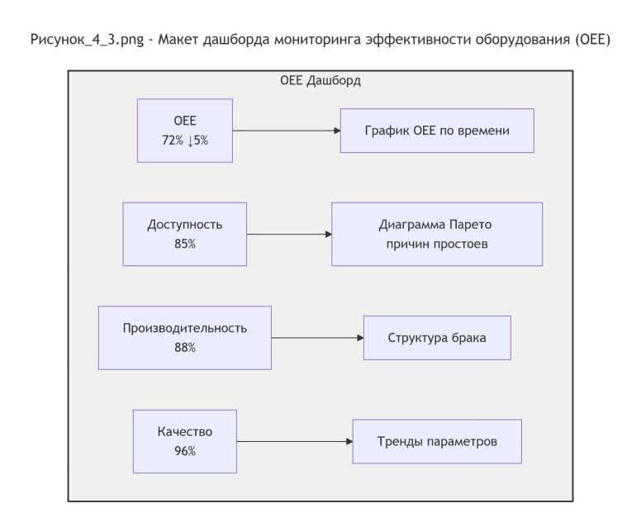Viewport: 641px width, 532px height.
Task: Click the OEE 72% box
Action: tap(185, 131)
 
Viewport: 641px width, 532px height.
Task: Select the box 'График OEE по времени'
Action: tap(437, 131)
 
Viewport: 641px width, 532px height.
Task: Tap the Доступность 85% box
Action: tap(185, 234)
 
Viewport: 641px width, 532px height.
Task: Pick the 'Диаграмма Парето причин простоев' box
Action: tap(437, 234)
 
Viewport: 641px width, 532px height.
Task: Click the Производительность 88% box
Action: tap(185, 338)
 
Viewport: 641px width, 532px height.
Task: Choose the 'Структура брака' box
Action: tap(437, 338)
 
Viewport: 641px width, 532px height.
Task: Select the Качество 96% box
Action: tap(185, 441)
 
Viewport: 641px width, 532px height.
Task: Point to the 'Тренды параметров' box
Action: tap(437, 441)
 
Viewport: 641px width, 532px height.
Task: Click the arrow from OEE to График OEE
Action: tap(287, 131)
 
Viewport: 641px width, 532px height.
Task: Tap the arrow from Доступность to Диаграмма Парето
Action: tap(289, 234)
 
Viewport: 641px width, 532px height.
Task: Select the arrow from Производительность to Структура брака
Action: tap(318, 338)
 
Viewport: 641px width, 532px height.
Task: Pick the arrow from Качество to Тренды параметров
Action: tap(295, 441)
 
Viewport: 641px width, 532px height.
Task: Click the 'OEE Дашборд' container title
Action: tap(320, 80)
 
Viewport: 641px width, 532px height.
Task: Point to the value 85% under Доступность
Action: tap(185, 244)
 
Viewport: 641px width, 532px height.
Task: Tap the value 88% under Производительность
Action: tap(185, 348)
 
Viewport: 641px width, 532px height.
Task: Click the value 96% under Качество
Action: tap(185, 451)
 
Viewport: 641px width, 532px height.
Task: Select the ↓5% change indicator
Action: tap(198, 140)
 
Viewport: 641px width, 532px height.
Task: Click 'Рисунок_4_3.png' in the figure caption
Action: tap(87, 40)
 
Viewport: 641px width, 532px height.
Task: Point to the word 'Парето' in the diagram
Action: tap(470, 225)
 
